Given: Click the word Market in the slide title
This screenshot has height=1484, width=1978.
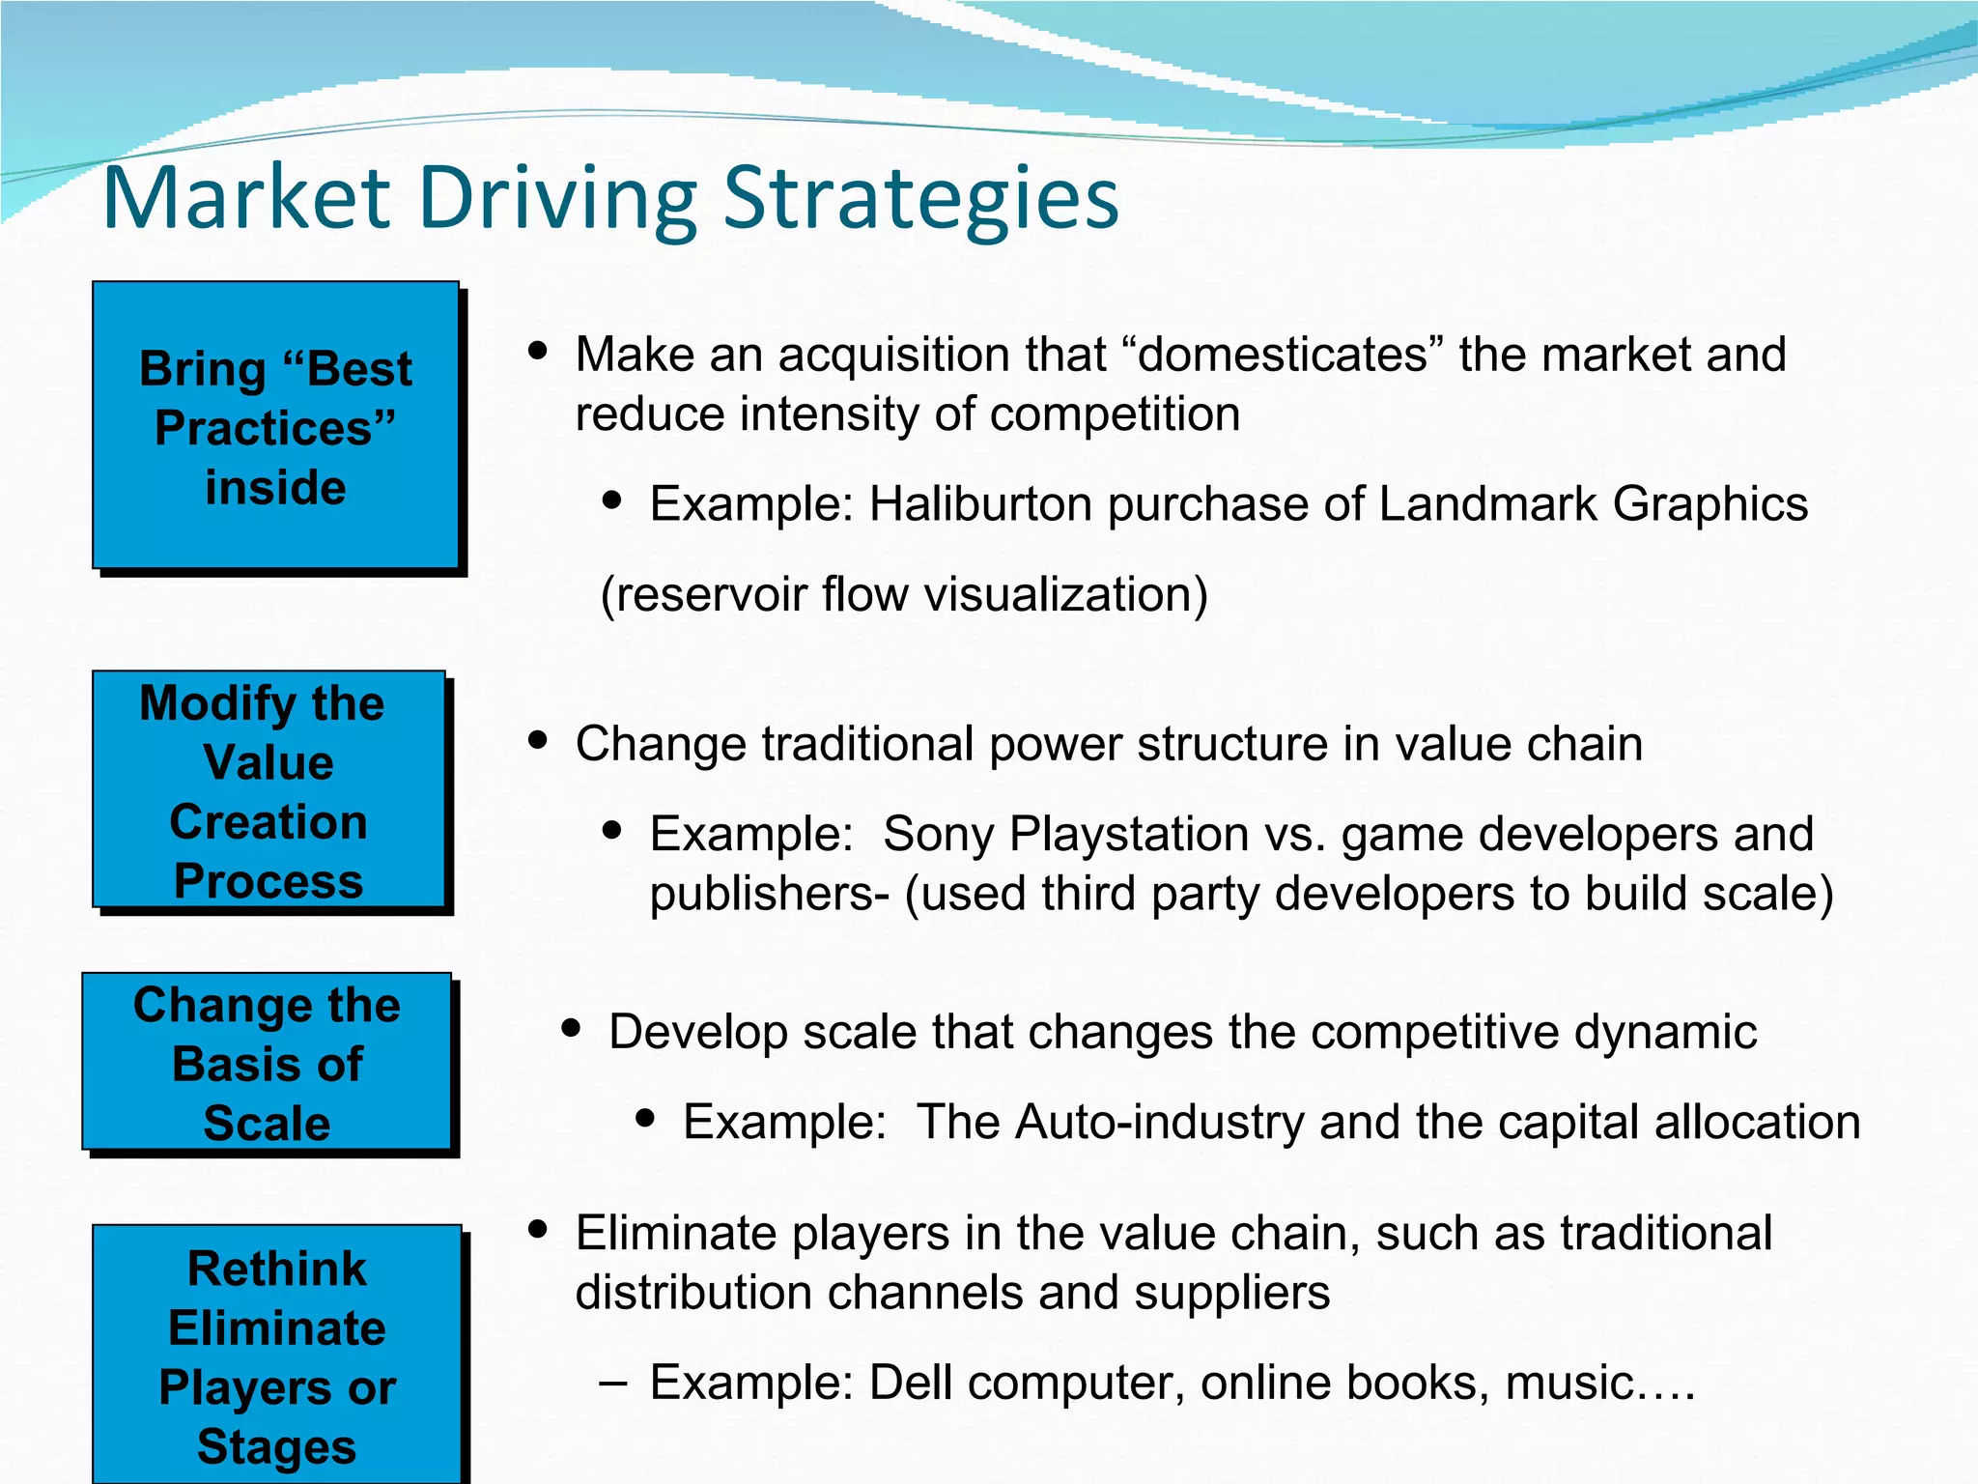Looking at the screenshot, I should (x=246, y=198).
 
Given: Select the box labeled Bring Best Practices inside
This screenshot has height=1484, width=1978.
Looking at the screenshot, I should (x=275, y=425).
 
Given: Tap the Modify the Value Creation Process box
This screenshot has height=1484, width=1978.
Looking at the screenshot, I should (x=268, y=789).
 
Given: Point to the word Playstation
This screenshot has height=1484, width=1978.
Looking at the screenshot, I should (x=1129, y=834).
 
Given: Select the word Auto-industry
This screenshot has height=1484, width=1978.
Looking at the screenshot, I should (x=1111, y=1123).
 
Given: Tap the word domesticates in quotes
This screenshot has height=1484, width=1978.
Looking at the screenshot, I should (x=1283, y=355).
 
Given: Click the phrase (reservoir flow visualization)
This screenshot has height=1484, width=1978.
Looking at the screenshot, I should (x=904, y=594).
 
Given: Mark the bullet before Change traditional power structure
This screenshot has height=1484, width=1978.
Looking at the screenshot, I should (x=539, y=741).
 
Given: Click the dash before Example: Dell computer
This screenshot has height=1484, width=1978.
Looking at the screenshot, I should (x=611, y=1383).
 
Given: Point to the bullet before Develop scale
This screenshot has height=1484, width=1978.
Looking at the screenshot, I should (x=572, y=1029).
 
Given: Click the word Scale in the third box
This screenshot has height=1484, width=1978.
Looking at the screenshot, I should (x=267, y=1124).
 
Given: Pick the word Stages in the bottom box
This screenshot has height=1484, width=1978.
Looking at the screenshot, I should (x=276, y=1447).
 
